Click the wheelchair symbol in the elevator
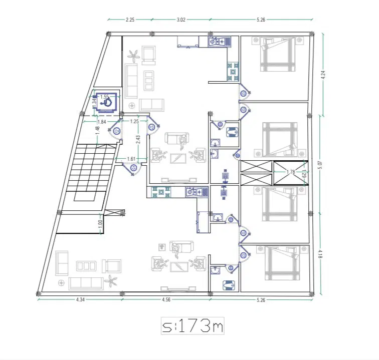[106, 103]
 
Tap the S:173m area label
[193, 326]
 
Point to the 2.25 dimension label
[130, 20]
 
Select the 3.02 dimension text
[181, 20]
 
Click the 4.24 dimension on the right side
[323, 75]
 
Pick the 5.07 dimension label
[320, 165]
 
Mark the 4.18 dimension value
[320, 254]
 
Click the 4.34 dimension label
[81, 299]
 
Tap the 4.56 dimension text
[166, 299]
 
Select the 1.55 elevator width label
[104, 97]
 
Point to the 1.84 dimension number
[102, 122]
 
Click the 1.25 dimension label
[134, 122]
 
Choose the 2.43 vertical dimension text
[138, 139]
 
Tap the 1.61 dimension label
[131, 159]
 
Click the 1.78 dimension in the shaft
[291, 172]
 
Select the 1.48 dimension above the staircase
[97, 131]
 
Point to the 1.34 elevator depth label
[95, 101]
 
